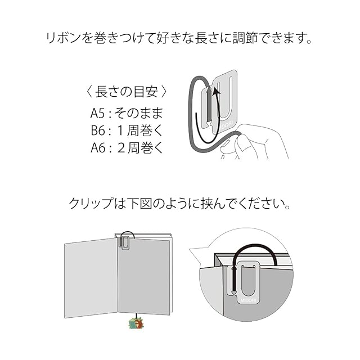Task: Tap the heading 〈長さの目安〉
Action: pyautogui.click(x=125, y=91)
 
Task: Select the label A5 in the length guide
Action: pyautogui.click(x=98, y=113)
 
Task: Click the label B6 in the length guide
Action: pyautogui.click(x=98, y=130)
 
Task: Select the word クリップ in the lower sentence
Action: pyautogui.click(x=91, y=203)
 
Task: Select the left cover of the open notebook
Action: pyautogui.click(x=91, y=278)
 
